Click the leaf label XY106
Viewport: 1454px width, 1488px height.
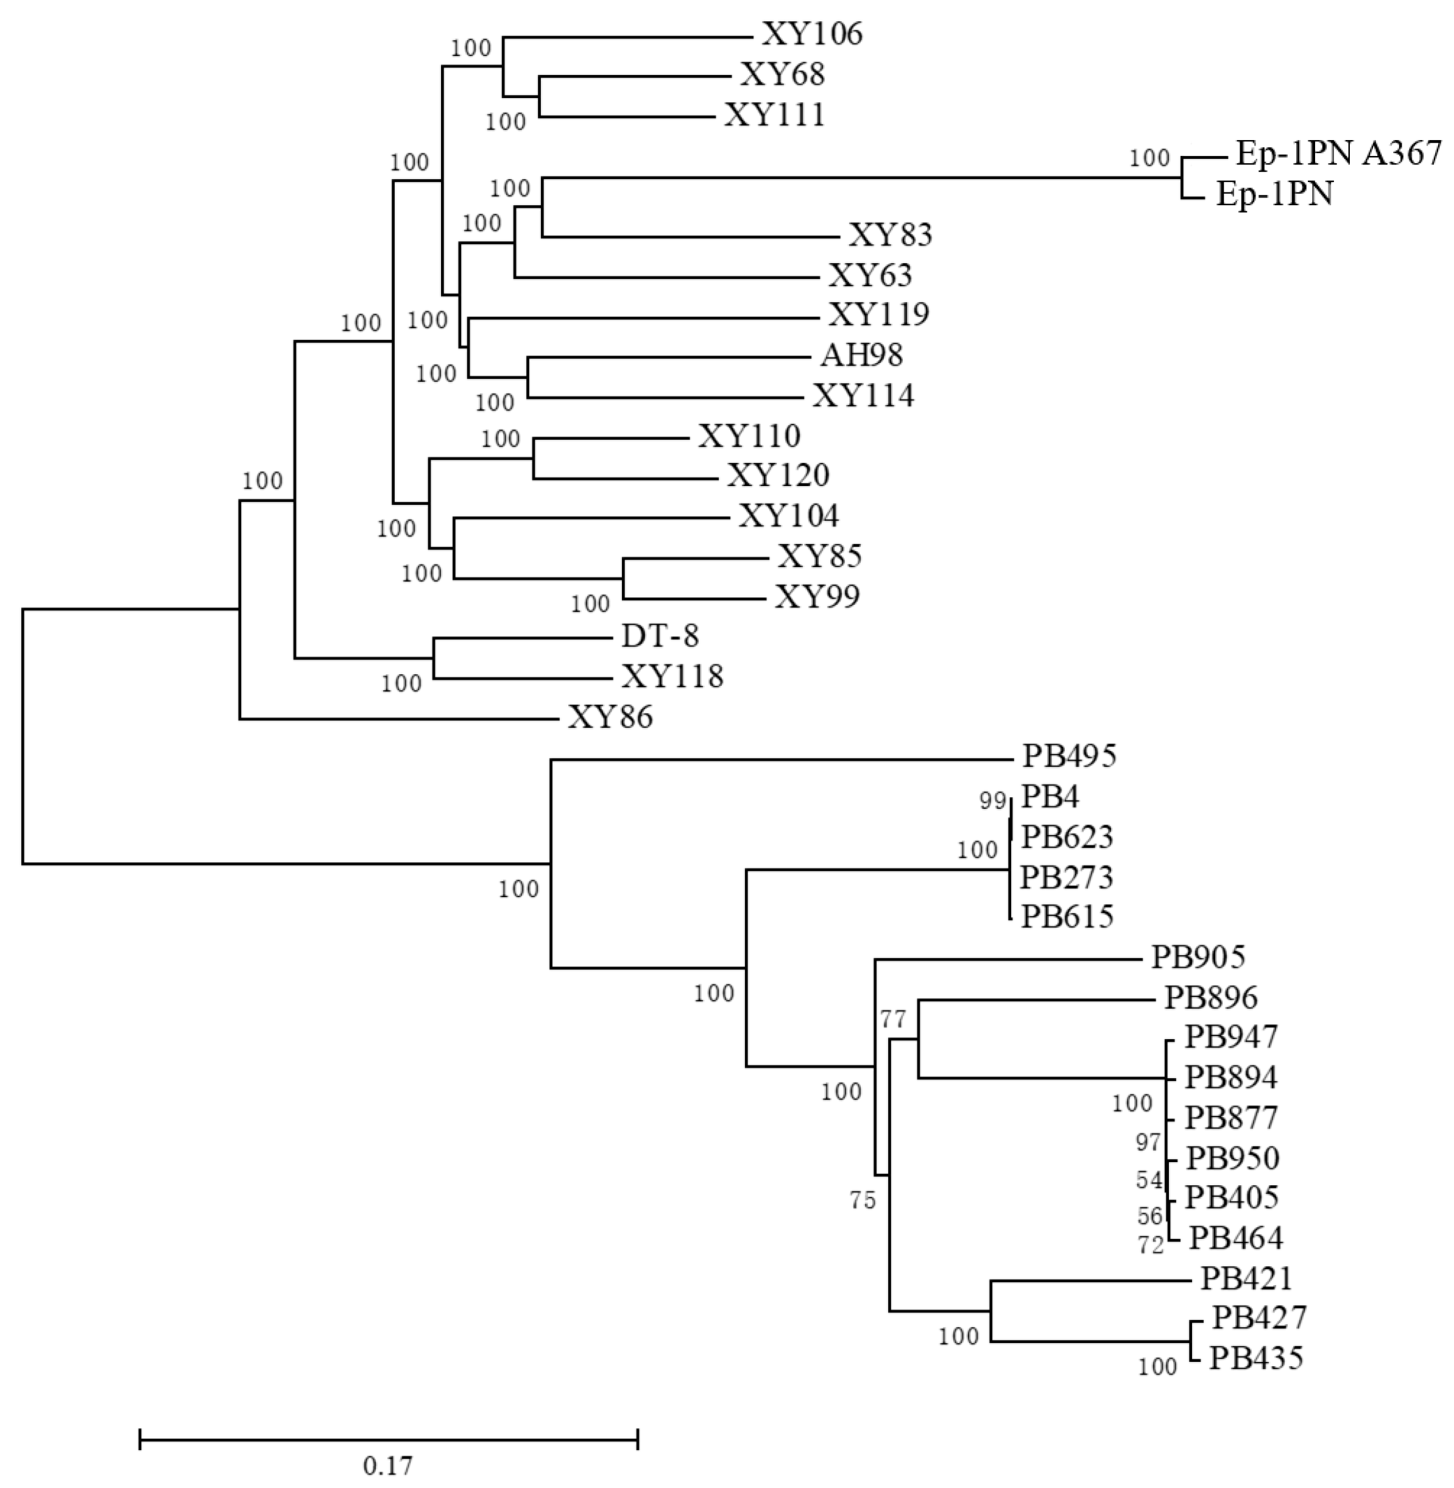pos(812,34)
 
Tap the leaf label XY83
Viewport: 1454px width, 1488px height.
pos(891,235)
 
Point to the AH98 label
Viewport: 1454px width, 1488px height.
pos(862,355)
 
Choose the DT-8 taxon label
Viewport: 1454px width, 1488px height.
pos(660,635)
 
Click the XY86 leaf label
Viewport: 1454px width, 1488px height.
pos(610,718)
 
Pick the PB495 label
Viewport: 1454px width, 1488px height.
pos(1070,756)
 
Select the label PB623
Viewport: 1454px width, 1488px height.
pos(1068,837)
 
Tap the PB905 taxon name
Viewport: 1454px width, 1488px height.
pos(1198,957)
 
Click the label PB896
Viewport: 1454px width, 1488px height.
pos(1211,998)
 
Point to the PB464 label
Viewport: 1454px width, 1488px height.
pos(1235,1238)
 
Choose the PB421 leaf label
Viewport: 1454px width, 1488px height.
pos(1246,1277)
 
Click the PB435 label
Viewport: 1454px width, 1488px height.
pos(1256,1358)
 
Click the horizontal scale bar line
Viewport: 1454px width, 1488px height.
pos(389,1440)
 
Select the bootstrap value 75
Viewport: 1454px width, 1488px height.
pos(863,1201)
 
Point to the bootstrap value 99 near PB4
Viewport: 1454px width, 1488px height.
pos(993,801)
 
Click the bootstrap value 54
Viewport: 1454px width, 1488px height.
pos(1149,1180)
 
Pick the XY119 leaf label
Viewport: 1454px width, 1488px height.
pos(879,314)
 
